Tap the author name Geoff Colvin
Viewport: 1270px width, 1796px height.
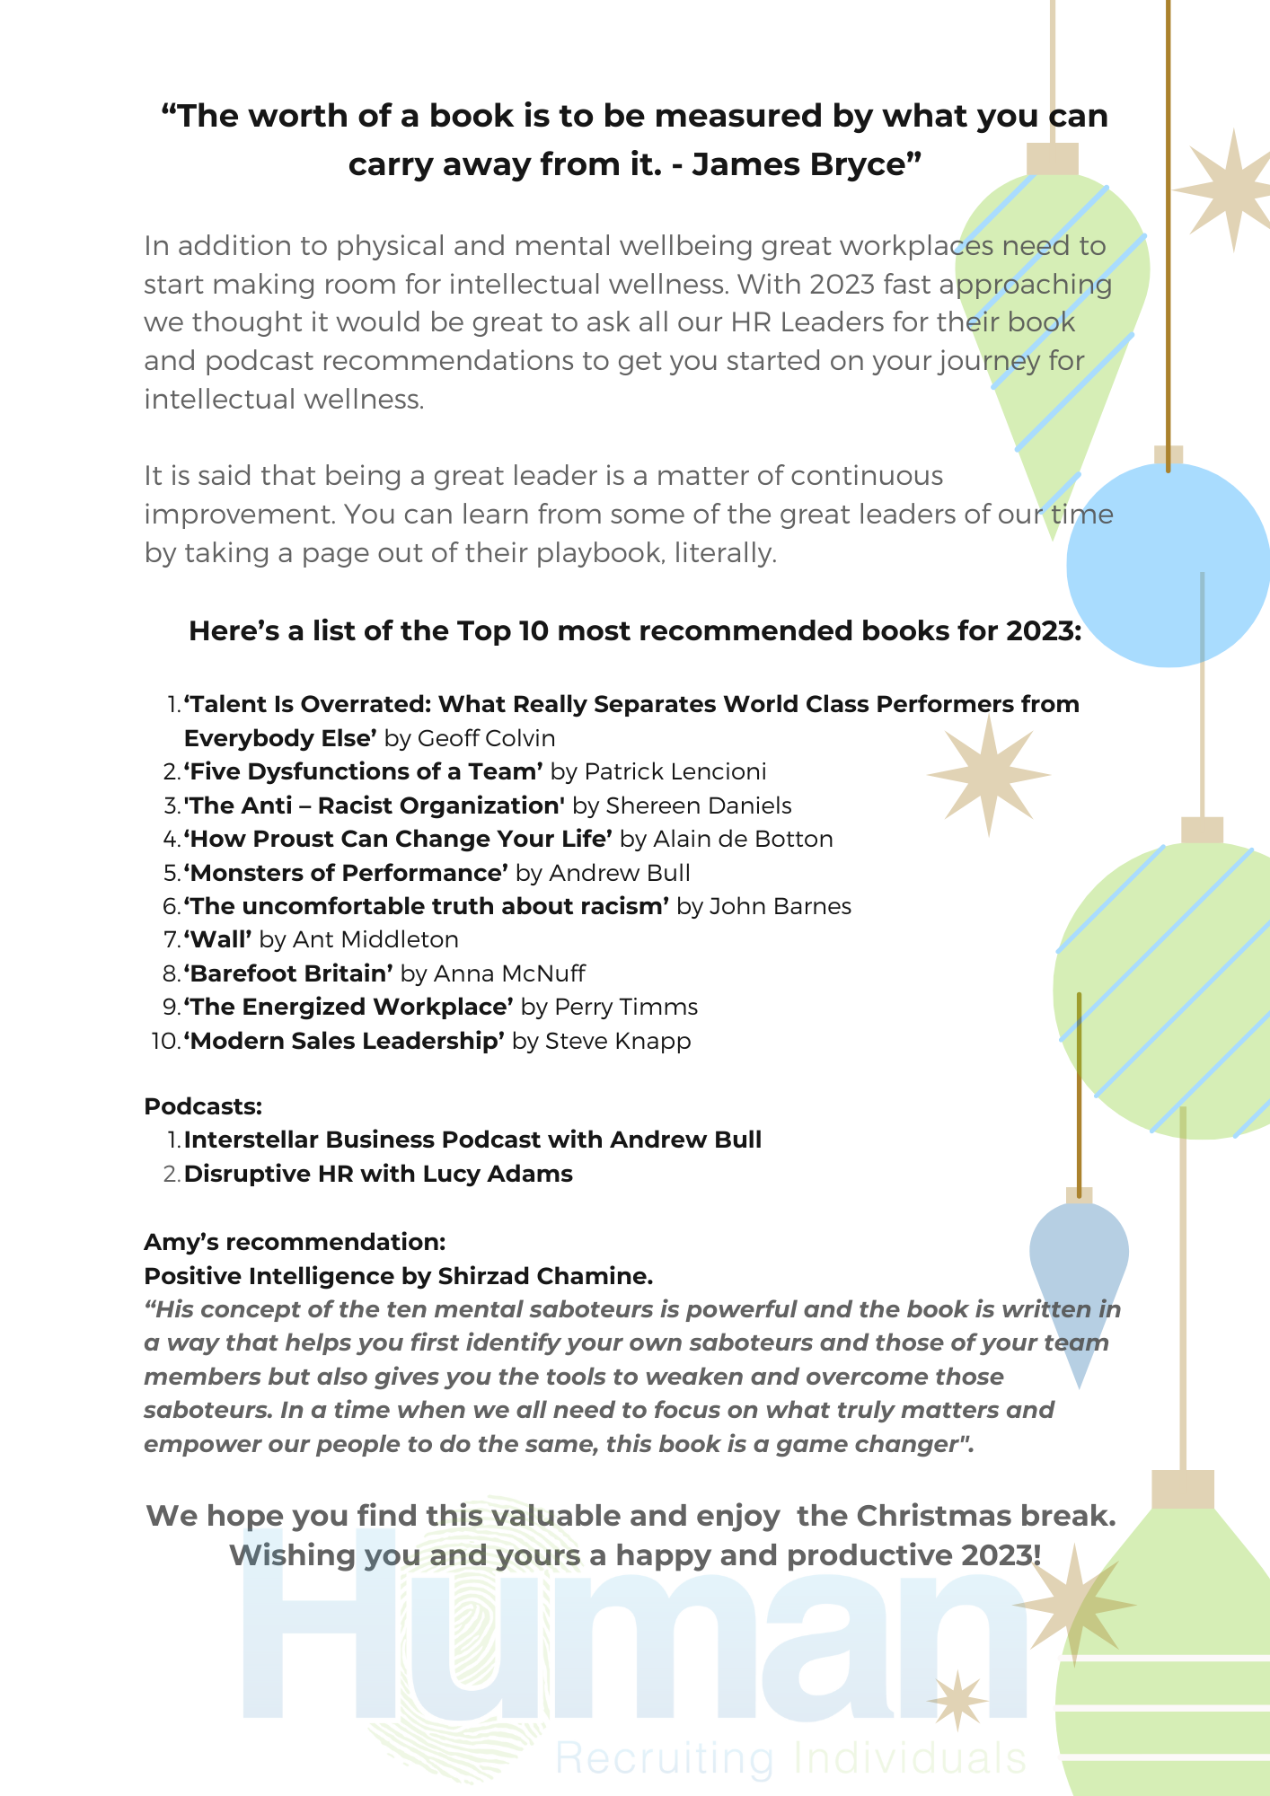pos(486,738)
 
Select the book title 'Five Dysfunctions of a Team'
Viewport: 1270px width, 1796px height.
pos(364,771)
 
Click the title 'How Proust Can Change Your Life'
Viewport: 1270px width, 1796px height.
pos(398,839)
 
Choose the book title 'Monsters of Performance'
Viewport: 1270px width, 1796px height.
pos(346,873)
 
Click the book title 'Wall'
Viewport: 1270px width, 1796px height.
pos(217,939)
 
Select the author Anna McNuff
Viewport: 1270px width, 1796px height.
pos(509,973)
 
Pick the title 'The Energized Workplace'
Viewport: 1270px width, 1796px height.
pos(348,1007)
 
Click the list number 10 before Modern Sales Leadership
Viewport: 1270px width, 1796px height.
pos(165,1041)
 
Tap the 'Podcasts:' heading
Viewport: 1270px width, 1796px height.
pos(203,1106)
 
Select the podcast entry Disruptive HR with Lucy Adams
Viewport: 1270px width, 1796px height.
pos(378,1174)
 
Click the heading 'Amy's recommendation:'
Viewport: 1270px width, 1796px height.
pos(295,1242)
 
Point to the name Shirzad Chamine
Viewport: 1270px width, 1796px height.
pos(544,1276)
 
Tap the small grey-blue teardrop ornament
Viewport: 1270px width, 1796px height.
pos(1079,1275)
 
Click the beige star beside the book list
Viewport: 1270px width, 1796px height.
pos(988,775)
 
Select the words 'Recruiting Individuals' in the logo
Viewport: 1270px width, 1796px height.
pos(790,1758)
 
